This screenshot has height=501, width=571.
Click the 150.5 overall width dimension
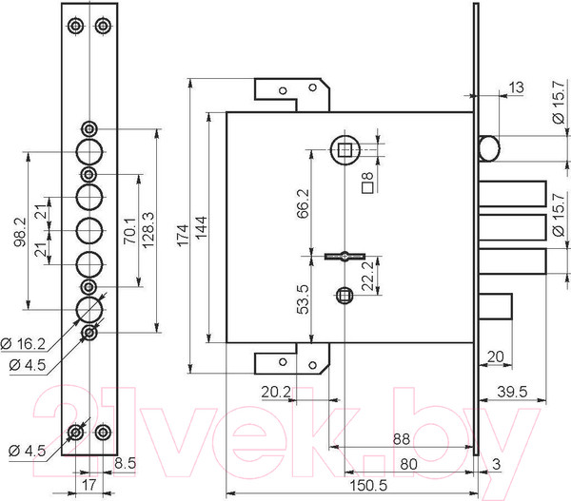[x=368, y=486]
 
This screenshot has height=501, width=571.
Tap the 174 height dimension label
[x=183, y=236]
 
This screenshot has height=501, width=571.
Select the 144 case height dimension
[x=202, y=227]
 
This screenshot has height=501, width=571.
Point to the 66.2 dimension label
[x=303, y=203]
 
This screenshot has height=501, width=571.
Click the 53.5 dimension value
[x=303, y=299]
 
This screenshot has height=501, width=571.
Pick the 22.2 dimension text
[x=368, y=276]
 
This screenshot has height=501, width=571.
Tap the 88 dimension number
[x=402, y=439]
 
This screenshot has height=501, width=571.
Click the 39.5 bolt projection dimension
[x=512, y=392]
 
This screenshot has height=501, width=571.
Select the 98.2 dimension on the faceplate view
[x=20, y=232]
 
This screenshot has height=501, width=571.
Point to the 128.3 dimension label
[x=149, y=230]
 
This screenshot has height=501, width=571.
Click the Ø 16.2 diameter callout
[x=23, y=343]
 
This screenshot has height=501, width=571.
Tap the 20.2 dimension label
[x=276, y=392]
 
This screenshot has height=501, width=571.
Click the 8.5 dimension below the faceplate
[x=125, y=463]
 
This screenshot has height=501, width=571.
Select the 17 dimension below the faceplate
[x=89, y=485]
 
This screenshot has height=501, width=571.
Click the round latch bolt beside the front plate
[x=489, y=148]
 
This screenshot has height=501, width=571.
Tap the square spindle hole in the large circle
[x=345, y=149]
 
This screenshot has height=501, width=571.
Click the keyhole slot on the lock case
[x=345, y=256]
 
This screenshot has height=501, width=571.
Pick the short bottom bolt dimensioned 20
[x=495, y=306]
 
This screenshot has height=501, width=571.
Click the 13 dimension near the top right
[x=516, y=87]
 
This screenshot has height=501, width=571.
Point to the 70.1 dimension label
[x=130, y=231]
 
